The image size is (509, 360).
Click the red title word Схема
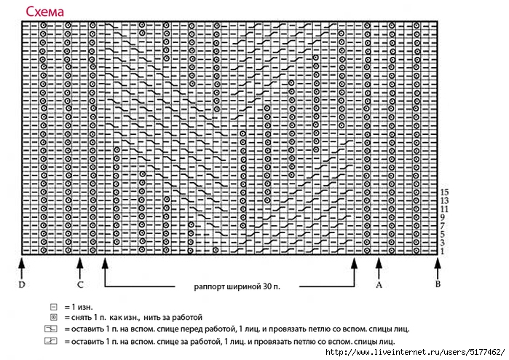click(x=45, y=12)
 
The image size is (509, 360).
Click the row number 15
click(x=444, y=192)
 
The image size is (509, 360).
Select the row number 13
click(x=444, y=201)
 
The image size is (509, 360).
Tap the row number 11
click(x=444, y=209)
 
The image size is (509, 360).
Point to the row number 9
click(x=443, y=218)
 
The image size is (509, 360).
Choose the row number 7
click(x=443, y=226)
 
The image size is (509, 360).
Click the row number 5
click(x=443, y=234)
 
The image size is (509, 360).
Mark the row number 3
click(x=443, y=243)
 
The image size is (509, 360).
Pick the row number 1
click(x=443, y=251)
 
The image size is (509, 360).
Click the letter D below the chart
click(x=22, y=285)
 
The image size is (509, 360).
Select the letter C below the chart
click(x=80, y=285)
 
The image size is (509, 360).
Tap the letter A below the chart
click(x=379, y=285)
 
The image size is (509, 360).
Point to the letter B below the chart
click(x=438, y=284)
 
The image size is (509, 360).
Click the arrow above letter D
click(x=22, y=268)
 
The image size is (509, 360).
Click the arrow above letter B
click(x=438, y=268)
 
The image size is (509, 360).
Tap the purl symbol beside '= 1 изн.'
click(x=54, y=307)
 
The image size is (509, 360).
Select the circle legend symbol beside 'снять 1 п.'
click(x=54, y=318)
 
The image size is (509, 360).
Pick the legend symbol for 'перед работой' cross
click(x=51, y=329)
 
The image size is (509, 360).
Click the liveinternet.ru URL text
click(x=415, y=352)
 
